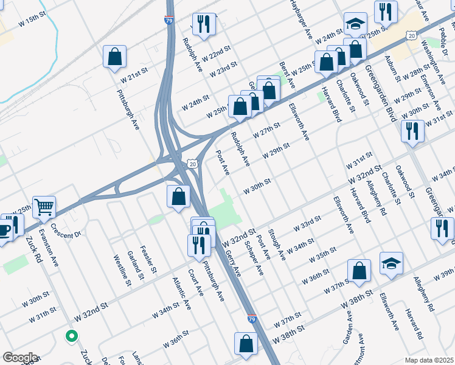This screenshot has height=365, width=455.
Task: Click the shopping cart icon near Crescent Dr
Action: pyautogui.click(x=44, y=207)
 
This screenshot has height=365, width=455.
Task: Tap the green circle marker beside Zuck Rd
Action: pyautogui.click(x=72, y=335)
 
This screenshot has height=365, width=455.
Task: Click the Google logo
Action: pyautogui.click(x=20, y=358)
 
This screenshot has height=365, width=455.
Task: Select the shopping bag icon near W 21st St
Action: pyautogui.click(x=114, y=57)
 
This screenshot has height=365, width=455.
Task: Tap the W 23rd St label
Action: pyautogui.click(x=223, y=69)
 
